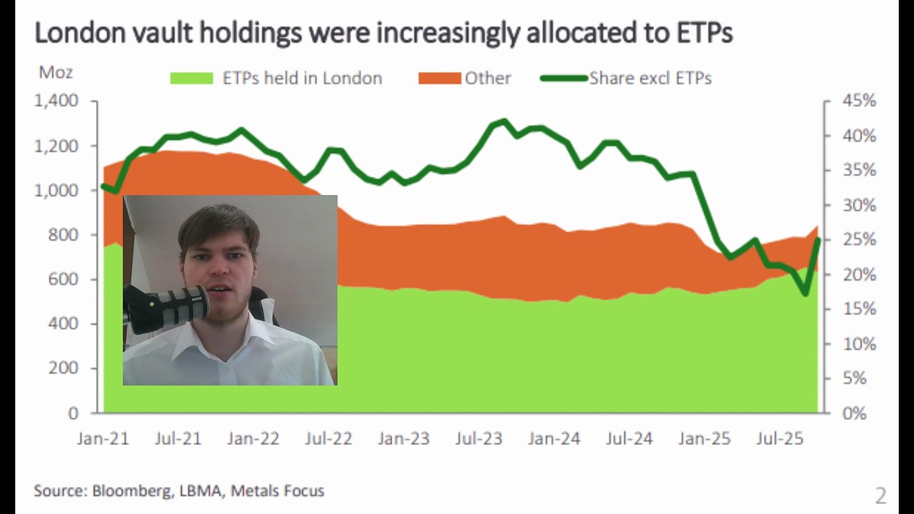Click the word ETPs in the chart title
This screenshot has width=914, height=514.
click(x=703, y=32)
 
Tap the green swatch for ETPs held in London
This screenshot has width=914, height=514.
click(x=191, y=79)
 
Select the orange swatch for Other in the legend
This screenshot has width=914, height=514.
click(x=439, y=79)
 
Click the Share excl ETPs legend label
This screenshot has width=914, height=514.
click(x=650, y=79)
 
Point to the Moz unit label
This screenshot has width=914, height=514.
click(x=55, y=72)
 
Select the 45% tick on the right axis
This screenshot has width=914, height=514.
click(x=858, y=101)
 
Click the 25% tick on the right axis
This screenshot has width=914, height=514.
click(x=858, y=240)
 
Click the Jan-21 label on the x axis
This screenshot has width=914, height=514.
click(x=103, y=438)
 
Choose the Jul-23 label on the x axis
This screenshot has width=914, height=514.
click(x=478, y=438)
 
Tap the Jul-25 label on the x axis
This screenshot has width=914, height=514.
click(x=779, y=438)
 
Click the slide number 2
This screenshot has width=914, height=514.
click(x=880, y=495)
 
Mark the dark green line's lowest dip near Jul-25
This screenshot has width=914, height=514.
click(x=805, y=293)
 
